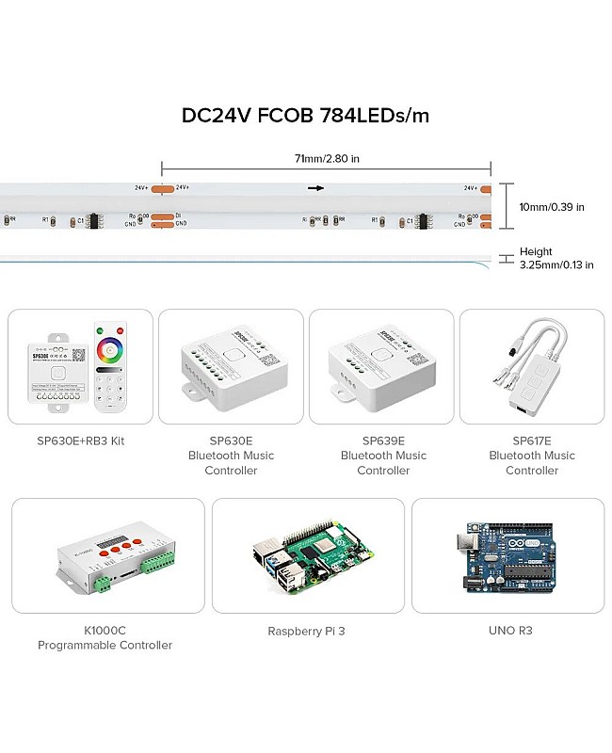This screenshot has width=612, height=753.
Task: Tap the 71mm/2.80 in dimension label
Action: click(327, 160)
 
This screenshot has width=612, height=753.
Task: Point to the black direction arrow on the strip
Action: click(315, 188)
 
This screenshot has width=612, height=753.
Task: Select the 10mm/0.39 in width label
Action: click(553, 207)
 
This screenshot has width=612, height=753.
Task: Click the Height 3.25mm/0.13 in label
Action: click(556, 259)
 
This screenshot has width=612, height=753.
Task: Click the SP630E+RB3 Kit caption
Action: click(80, 440)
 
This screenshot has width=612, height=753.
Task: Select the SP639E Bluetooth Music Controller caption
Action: click(383, 456)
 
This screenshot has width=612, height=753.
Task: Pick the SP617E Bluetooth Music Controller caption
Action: click(532, 456)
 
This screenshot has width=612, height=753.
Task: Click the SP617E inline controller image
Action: click(533, 367)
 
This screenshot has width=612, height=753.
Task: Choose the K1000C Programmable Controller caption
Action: click(105, 637)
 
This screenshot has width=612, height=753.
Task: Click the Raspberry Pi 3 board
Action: click(308, 559)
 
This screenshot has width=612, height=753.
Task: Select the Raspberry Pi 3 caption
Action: click(307, 631)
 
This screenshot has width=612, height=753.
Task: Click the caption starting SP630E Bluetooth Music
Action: click(231, 456)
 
